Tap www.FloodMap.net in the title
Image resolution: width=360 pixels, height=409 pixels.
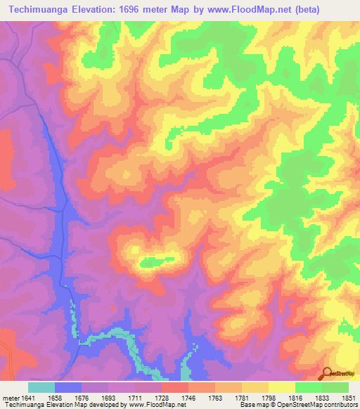pyautogui.click(x=237, y=10)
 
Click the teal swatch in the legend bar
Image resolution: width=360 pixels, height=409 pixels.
pyautogui.click(x=41, y=387)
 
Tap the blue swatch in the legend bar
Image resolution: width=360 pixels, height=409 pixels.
pyautogui.click(x=68, y=387)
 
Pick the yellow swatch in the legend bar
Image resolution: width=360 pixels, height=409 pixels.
pyautogui.click(x=282, y=387)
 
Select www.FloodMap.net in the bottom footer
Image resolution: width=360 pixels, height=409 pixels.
pyautogui.click(x=150, y=405)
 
